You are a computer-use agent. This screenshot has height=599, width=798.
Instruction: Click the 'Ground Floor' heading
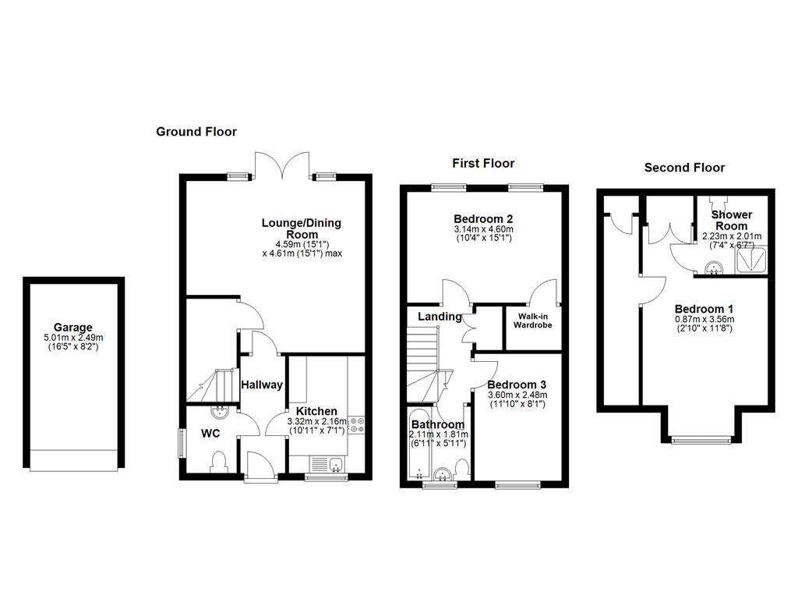point(196,132)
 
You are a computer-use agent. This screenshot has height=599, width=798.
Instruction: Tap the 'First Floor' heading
point(483,163)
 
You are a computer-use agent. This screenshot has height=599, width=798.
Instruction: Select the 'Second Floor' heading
point(684,168)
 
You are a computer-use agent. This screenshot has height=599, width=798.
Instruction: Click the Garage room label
point(73,328)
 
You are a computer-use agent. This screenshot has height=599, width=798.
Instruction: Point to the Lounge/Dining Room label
point(301,229)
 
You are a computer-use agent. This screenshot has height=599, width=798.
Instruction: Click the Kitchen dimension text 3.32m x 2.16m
point(316,422)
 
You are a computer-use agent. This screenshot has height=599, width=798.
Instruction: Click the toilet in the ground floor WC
point(218,463)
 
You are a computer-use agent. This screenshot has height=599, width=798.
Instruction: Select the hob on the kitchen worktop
point(358,424)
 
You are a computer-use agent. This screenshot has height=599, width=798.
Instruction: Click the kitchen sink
point(327,465)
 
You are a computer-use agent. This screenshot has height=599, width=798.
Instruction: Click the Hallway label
point(261,385)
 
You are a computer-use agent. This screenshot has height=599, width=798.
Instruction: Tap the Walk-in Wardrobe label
point(532,320)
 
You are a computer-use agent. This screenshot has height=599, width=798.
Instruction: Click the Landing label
point(440,317)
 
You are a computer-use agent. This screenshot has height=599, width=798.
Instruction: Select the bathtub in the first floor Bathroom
point(418,445)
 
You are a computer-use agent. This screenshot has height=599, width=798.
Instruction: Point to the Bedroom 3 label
point(517,385)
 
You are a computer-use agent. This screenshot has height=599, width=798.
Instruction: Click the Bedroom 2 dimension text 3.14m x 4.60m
point(483,229)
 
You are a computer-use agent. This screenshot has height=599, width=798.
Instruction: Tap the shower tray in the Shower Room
point(751,261)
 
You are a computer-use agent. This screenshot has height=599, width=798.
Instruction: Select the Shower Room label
point(732,220)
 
